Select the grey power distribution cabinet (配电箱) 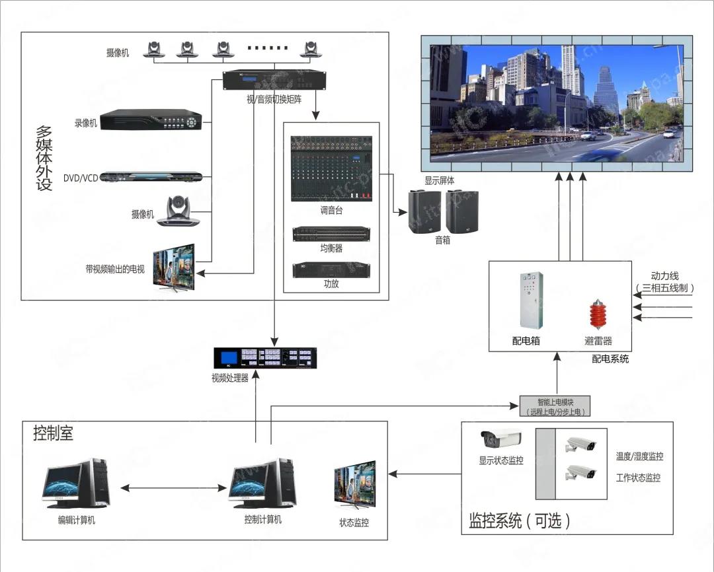(x=531, y=300)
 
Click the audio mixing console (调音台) (x=331, y=170)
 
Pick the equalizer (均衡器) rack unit (x=331, y=234)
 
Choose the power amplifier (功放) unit (x=331, y=269)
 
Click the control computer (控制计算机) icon (x=262, y=484)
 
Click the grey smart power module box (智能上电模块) (x=554, y=406)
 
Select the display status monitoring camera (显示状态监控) (x=501, y=439)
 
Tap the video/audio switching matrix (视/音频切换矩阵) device (x=274, y=80)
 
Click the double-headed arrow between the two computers (x=174, y=487)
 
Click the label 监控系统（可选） (x=519, y=520)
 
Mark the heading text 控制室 (x=54, y=433)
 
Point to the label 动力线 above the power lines (x=664, y=276)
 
